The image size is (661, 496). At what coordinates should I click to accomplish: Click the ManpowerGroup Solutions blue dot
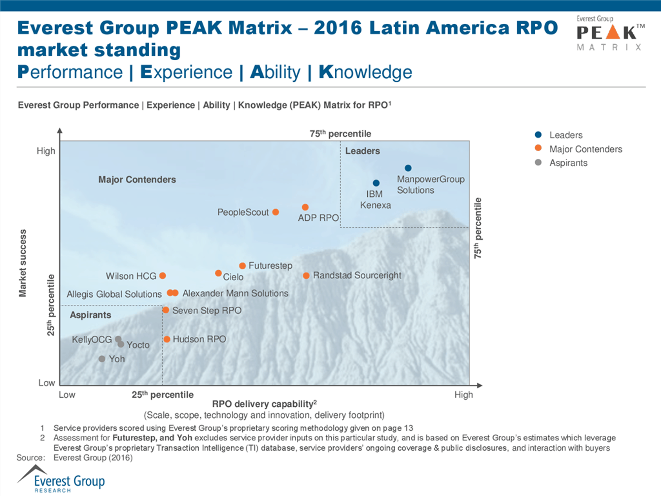tap(408, 168)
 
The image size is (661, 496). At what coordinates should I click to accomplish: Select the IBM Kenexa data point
tap(376, 183)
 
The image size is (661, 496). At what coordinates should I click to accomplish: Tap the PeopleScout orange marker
tap(276, 212)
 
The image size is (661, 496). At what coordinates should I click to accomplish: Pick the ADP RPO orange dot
tap(305, 207)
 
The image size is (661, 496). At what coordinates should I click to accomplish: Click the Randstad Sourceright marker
tap(306, 275)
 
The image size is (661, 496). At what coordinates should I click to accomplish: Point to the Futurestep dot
tap(242, 265)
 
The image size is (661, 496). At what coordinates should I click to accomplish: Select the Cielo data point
tap(218, 273)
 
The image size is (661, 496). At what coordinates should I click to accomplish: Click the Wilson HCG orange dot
tap(163, 275)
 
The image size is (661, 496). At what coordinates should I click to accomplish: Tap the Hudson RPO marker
tap(167, 339)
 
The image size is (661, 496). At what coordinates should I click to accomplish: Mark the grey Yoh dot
tap(102, 359)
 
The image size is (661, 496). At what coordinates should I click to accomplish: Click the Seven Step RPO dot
tap(166, 310)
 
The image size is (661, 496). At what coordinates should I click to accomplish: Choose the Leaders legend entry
tap(565, 135)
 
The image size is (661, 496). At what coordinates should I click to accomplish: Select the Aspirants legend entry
tap(568, 163)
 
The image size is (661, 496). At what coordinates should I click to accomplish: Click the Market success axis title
tap(23, 263)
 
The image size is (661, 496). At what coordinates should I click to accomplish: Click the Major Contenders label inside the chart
tap(137, 179)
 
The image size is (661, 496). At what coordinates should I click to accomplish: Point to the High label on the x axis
tap(463, 395)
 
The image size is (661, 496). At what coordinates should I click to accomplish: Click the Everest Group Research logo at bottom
tap(61, 480)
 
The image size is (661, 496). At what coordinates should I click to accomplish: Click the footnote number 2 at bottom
tap(42, 438)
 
